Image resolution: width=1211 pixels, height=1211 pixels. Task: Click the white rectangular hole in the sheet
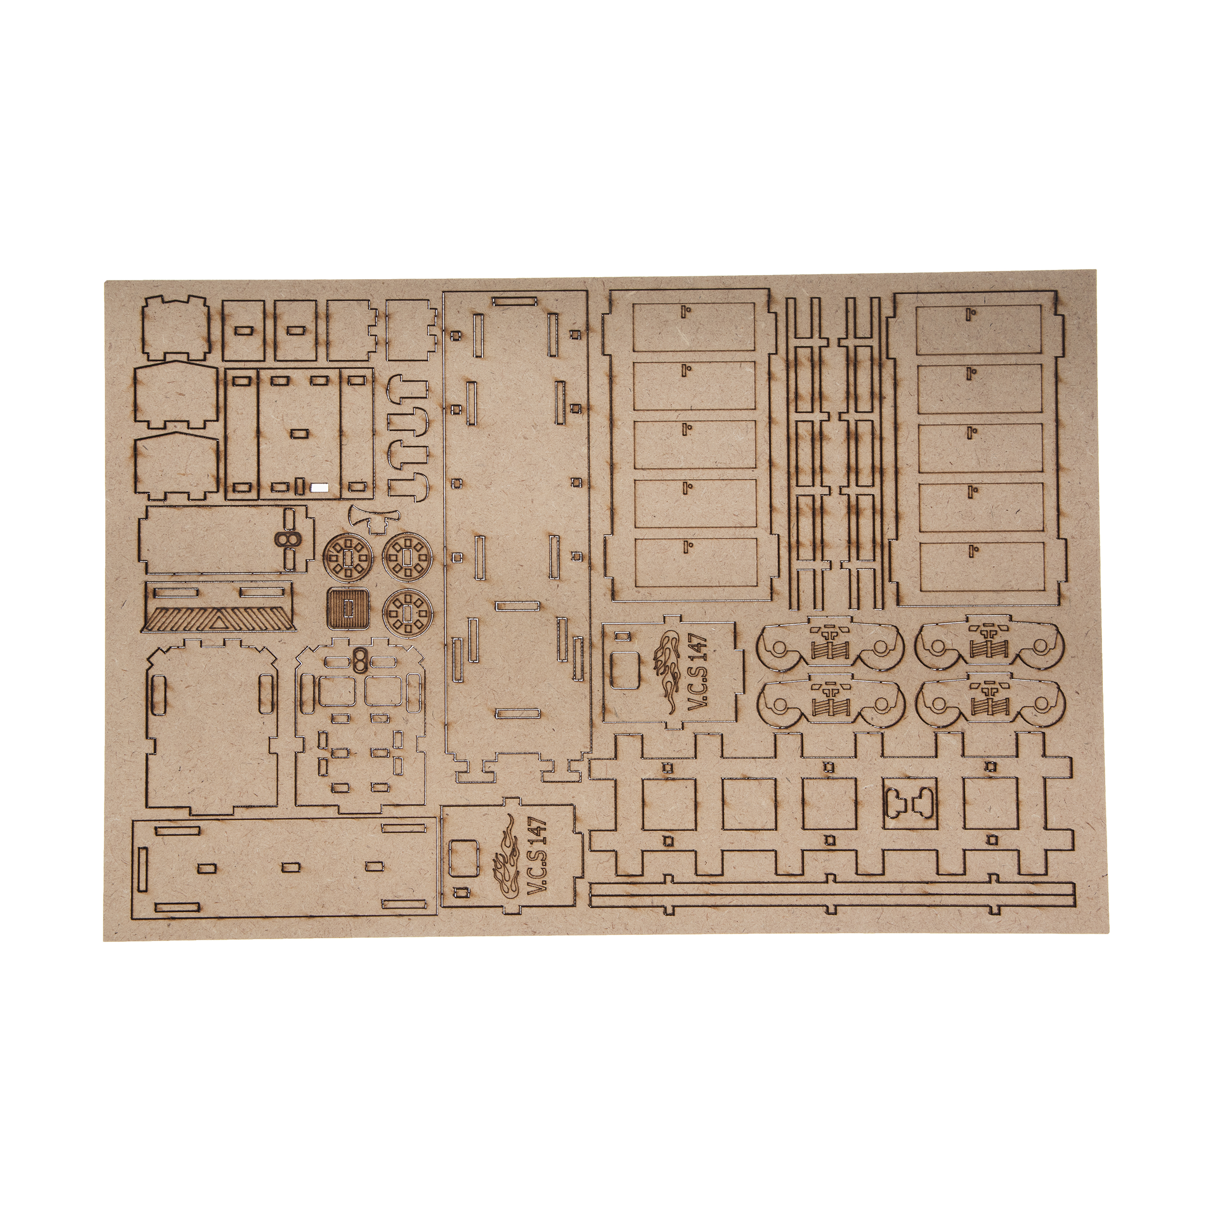tap(320, 486)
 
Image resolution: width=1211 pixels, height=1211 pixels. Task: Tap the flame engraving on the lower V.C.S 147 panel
tap(505, 853)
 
